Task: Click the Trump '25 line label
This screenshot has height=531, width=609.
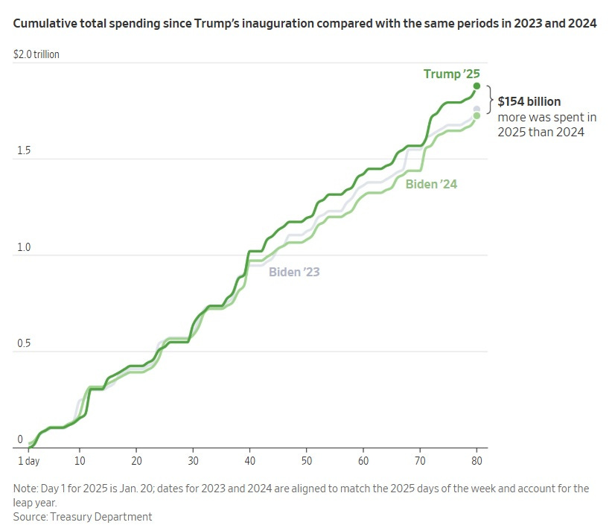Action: click(x=451, y=73)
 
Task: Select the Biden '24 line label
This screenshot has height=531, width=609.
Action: click(x=431, y=184)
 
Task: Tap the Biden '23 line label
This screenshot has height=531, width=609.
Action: click(x=294, y=272)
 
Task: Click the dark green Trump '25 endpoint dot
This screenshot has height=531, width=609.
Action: click(x=476, y=86)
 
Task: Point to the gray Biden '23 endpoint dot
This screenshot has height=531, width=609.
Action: click(x=476, y=109)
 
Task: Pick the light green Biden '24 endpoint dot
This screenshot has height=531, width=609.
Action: click(x=476, y=115)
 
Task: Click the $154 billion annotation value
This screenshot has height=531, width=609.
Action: click(x=529, y=101)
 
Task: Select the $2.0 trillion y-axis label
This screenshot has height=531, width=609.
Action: click(x=36, y=55)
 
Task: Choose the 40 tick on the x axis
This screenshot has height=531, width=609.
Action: click(x=249, y=461)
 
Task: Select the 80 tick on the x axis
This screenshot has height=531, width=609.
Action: click(x=476, y=461)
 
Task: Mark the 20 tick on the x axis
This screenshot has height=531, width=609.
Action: click(x=136, y=461)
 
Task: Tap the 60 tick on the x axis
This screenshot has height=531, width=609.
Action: click(x=363, y=461)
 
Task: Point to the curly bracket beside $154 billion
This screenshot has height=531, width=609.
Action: click(x=489, y=100)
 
